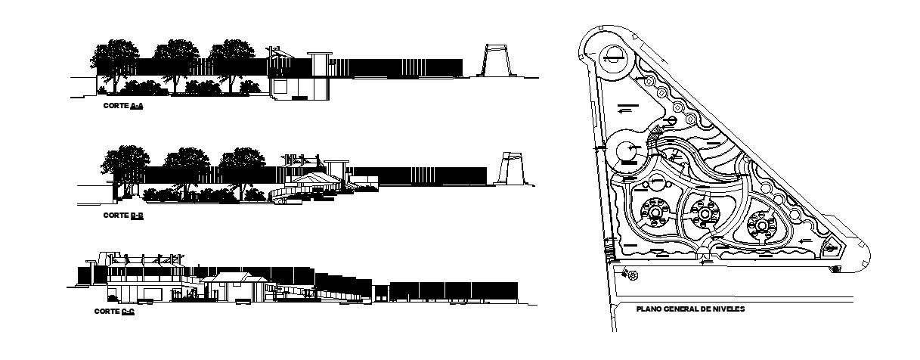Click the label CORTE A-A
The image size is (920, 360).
(123, 107)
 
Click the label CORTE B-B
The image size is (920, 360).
(123, 216)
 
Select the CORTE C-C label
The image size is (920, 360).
(114, 312)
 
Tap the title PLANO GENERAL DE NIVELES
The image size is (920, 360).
(691, 309)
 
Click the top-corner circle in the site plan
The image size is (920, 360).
(613, 57)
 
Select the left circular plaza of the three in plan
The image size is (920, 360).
(652, 213)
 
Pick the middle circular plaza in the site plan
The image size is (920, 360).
(705, 214)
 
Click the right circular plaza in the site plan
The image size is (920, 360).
(761, 225)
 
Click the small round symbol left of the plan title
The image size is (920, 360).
(632, 275)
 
